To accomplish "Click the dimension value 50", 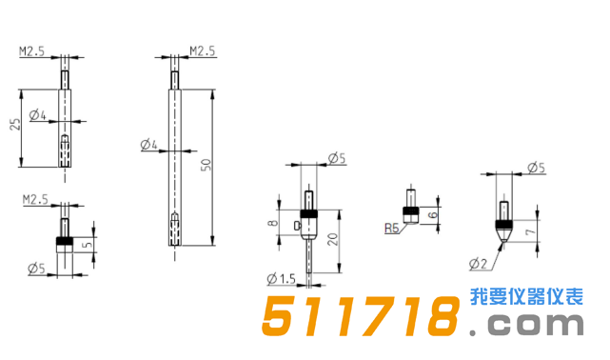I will pyautogui.click(x=205, y=166).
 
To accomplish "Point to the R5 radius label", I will pyautogui.click(x=391, y=229).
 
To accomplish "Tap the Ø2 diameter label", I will pyautogui.click(x=478, y=262).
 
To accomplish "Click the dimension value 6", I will pyautogui.click(x=437, y=215).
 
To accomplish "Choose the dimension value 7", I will pyautogui.click(x=540, y=230).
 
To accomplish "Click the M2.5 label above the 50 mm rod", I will pyautogui.click(x=204, y=50).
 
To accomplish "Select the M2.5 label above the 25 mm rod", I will pyautogui.click(x=33, y=52).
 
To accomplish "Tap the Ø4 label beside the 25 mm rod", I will pyautogui.click(x=38, y=116).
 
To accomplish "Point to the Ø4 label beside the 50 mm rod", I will pyautogui.click(x=148, y=146).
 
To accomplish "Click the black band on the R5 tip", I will pyautogui.click(x=410, y=211).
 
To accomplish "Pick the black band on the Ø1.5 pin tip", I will pyautogui.click(x=308, y=212).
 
